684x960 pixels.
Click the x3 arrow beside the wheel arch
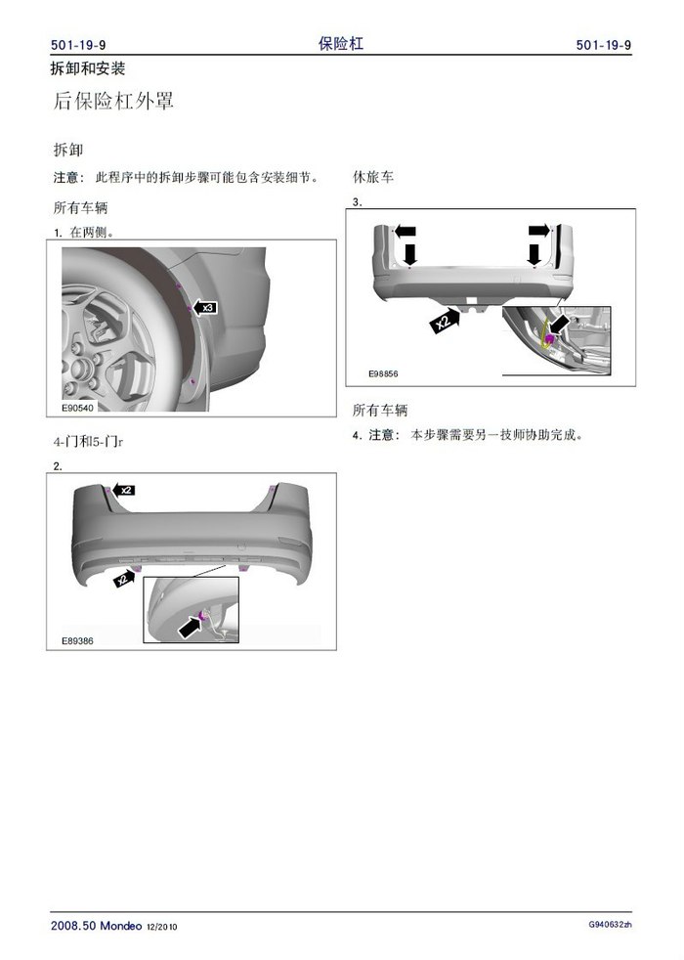tap(204, 307)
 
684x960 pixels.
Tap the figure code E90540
tap(78, 408)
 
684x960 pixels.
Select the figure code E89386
tap(78, 641)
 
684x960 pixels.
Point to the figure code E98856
tap(383, 373)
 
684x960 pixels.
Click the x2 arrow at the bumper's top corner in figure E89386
tap(122, 490)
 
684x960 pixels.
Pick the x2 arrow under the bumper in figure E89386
tap(124, 578)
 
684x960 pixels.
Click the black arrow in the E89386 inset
tap(190, 627)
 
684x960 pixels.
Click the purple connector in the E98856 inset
tap(549, 338)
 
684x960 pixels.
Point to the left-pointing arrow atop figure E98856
tap(405, 232)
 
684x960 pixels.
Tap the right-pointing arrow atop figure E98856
tap(539, 230)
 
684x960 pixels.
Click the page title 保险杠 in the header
tap(341, 43)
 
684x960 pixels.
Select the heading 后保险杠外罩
tap(113, 101)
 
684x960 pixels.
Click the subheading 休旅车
tap(373, 177)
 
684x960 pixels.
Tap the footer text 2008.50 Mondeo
tap(96, 925)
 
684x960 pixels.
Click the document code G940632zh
tap(610, 925)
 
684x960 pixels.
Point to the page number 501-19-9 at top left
tap(78, 45)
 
